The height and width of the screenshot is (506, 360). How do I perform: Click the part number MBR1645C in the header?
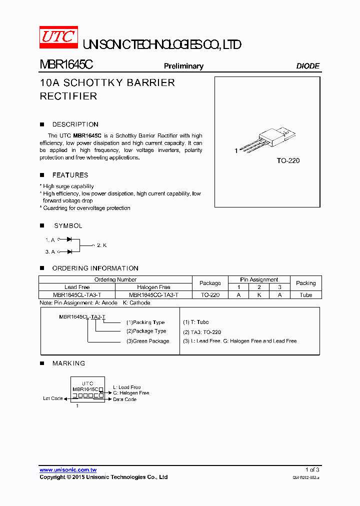[x=66, y=65]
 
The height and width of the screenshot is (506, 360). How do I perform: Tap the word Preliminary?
[x=183, y=66]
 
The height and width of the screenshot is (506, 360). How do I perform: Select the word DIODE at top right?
[x=307, y=66]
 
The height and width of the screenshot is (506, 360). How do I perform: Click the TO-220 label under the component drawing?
[x=288, y=161]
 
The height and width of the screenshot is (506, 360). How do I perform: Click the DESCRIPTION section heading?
[x=75, y=124]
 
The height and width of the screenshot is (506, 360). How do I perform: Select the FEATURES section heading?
[x=70, y=175]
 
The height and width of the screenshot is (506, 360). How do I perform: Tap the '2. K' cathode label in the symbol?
[x=101, y=245]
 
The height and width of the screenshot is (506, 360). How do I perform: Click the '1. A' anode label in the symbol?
[x=50, y=240]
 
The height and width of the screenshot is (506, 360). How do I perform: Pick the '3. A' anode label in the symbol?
[x=50, y=251]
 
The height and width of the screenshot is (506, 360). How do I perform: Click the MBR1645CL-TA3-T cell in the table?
[x=77, y=295]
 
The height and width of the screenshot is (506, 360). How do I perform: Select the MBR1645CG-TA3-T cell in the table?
[x=153, y=295]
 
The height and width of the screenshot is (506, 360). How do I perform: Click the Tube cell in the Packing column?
[x=305, y=295]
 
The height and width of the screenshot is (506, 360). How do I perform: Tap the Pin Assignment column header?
[x=259, y=279]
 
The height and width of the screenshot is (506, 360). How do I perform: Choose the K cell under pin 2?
[x=259, y=295]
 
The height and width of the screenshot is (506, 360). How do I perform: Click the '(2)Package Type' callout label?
[x=146, y=331]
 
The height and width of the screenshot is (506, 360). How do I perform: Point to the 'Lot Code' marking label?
[x=53, y=398]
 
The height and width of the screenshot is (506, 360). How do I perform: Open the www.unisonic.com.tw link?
[x=68, y=470]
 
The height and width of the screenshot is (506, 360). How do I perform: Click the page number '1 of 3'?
[x=312, y=470]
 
